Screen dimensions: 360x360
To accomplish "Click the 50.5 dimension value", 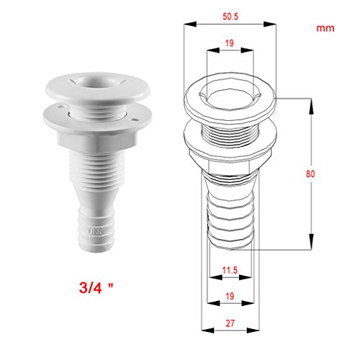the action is [230, 17].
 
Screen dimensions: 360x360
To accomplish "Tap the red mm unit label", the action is [325, 28].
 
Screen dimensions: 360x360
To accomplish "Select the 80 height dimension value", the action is [310, 174].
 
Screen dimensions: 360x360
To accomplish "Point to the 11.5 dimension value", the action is [230, 270].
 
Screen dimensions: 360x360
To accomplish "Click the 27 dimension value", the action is [230, 323].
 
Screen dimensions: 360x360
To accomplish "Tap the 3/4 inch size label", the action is [96, 287].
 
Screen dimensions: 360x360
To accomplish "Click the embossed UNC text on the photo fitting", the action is [96, 232].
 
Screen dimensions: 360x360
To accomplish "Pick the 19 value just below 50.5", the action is [230, 43].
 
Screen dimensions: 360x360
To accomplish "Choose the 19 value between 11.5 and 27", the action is [230, 296].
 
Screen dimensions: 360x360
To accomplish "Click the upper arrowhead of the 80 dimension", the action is [311, 106].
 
